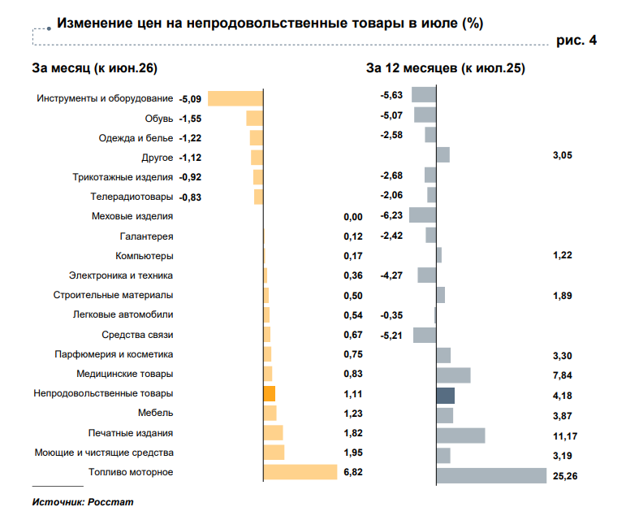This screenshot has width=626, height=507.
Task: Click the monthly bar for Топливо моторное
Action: click(300, 472)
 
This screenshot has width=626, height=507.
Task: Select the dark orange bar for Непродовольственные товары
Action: click(270, 393)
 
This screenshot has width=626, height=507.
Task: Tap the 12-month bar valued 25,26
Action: click(491, 476)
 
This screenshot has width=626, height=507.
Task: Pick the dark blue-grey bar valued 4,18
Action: click(446, 396)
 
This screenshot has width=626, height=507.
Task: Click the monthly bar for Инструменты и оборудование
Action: click(235, 98)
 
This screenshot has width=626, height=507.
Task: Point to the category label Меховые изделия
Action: click(132, 216)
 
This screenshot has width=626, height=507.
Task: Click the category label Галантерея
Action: click(146, 236)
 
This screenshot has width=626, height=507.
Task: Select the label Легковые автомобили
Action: click(123, 314)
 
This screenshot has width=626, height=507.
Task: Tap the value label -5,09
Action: click(190, 99)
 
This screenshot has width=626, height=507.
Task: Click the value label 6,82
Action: click(353, 472)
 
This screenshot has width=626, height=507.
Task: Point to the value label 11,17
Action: click(565, 436)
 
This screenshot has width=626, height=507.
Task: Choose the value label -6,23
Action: click(391, 216)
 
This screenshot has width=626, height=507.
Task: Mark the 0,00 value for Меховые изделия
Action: click(353, 217)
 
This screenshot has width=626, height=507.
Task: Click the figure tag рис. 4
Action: click(576, 40)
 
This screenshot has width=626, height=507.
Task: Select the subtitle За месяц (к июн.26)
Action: click(95, 68)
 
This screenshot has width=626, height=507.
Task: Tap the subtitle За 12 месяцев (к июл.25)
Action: click(446, 68)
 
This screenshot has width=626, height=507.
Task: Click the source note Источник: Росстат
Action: click(83, 502)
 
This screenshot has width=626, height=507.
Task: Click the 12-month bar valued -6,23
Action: click(422, 215)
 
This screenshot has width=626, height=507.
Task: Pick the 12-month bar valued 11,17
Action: click(460, 435)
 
